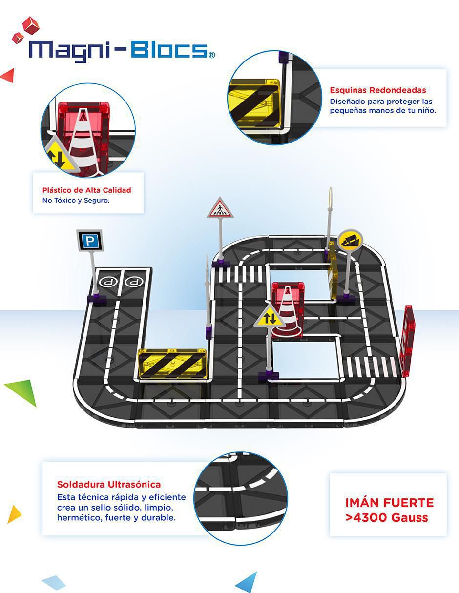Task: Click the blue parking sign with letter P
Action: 90,240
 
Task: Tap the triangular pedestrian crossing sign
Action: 220,209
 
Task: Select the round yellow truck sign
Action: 351,241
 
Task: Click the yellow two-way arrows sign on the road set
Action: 270,317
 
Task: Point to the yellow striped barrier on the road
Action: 172,364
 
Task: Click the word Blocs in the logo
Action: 169,50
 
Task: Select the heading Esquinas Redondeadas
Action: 378,90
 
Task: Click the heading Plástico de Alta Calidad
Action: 87,190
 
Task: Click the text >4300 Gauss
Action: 387,517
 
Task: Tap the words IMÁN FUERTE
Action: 389,503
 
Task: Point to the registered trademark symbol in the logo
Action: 212,55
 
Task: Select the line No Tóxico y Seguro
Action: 76,200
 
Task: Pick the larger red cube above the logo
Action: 31,25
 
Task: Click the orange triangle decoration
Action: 14,514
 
